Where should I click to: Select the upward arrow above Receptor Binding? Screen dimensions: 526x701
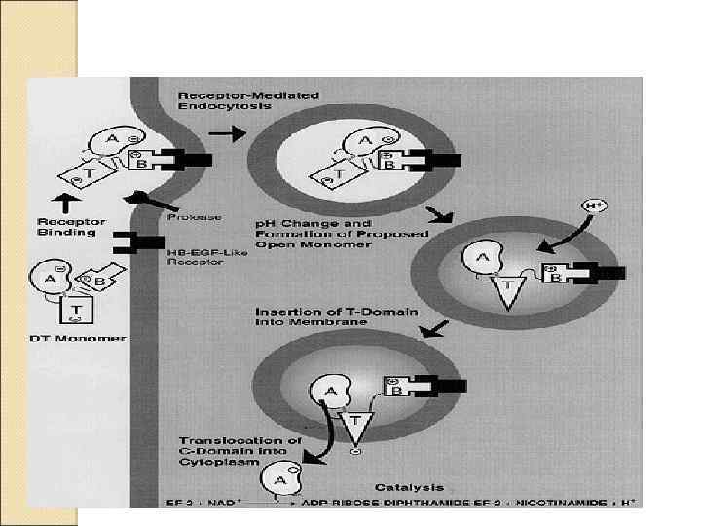65,204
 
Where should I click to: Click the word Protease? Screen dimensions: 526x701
195,216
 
